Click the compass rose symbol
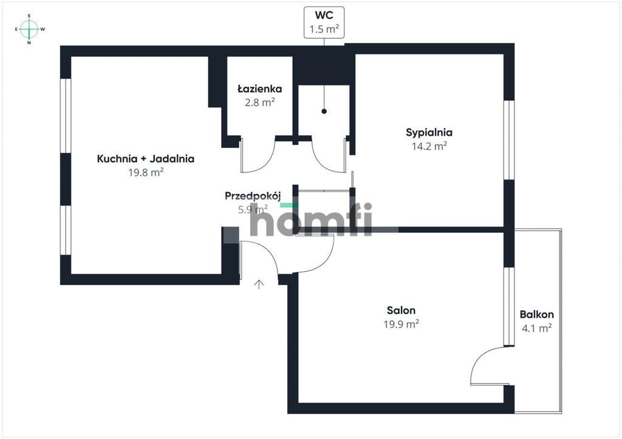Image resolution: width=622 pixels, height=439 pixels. (29, 29)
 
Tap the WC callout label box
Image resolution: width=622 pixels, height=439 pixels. (324, 22)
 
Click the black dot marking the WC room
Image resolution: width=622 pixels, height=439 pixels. (324, 111)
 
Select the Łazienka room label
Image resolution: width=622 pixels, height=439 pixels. (260, 89)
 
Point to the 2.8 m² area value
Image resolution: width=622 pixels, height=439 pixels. (260, 102)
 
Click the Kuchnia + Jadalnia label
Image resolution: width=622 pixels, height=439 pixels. (146, 159)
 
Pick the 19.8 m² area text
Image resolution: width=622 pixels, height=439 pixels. (146, 172)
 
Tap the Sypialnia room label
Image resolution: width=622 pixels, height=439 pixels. (429, 132)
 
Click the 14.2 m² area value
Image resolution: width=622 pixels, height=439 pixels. (429, 146)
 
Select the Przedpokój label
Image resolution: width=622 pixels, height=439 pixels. (253, 196)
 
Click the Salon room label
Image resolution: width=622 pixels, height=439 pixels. (401, 310)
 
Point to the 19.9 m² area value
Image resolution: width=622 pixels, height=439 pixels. (401, 324)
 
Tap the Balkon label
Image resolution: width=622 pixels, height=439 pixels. (537, 314)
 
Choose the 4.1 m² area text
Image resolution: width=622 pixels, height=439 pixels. (537, 328)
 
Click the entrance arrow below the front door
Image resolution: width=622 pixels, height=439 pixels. (259, 284)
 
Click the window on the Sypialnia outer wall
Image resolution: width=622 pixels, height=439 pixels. (509, 139)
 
